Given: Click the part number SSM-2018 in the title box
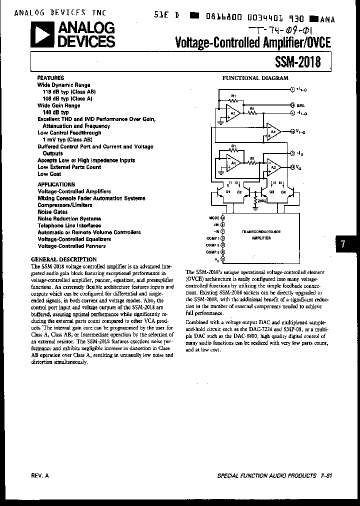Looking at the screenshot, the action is click(x=297, y=62).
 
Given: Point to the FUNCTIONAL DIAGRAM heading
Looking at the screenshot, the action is click(x=255, y=78).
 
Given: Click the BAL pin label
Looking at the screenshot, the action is click(x=300, y=105).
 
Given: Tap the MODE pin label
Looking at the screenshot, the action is click(x=213, y=218).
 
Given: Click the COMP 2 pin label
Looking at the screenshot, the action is click(x=212, y=245).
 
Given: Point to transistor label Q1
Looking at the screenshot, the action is click(x=227, y=191).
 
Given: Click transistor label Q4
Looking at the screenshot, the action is click(x=283, y=191).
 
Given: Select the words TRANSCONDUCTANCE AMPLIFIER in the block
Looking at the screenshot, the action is click(x=261, y=235).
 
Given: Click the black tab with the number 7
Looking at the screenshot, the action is click(x=342, y=244).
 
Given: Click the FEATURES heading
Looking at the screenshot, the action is click(x=50, y=78).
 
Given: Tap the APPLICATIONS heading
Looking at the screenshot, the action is click(x=56, y=184).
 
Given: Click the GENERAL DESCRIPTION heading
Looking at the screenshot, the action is click(x=63, y=259).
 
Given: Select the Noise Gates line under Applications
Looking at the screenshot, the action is click(x=53, y=212).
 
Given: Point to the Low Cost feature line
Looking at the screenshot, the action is click(x=49, y=174).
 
